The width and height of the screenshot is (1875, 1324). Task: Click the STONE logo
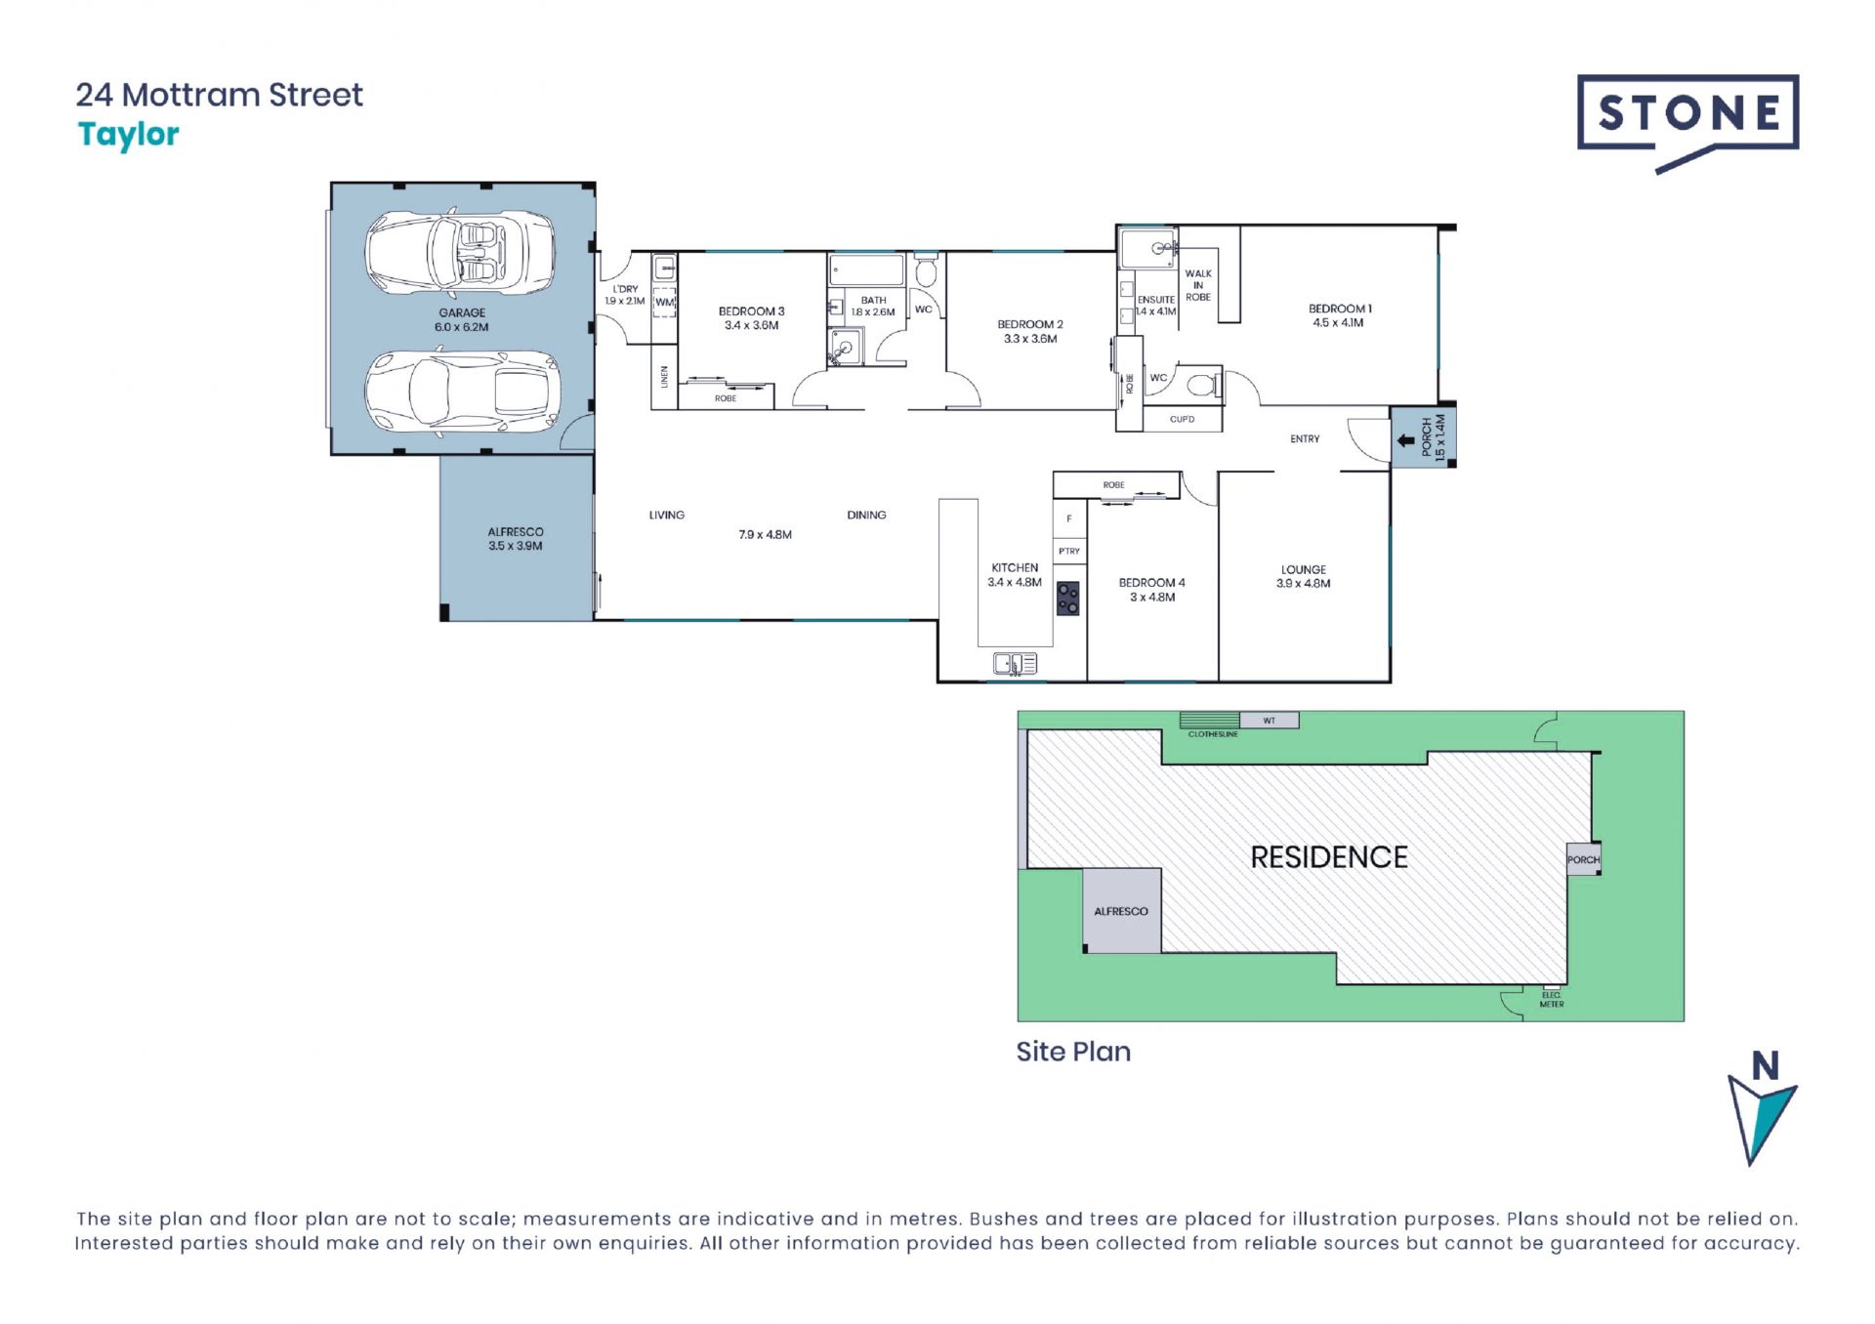(x=1687, y=122)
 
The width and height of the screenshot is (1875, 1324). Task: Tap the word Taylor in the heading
(x=128, y=135)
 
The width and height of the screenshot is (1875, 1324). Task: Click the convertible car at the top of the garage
(x=460, y=252)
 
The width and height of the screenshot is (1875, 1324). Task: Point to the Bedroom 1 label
(x=1340, y=315)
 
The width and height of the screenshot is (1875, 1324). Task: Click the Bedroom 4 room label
(x=1152, y=590)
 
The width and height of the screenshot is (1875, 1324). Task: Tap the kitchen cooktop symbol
(x=1068, y=599)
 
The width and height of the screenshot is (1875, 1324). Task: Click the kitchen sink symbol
(x=1015, y=664)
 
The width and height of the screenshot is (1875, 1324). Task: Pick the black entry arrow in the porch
(x=1405, y=440)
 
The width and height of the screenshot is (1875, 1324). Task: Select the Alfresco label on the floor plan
(x=516, y=539)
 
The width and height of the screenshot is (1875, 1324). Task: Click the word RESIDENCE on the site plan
(x=1329, y=857)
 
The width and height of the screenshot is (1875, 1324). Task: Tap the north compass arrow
(x=1761, y=1119)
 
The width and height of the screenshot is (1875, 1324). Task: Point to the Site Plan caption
(x=1073, y=1052)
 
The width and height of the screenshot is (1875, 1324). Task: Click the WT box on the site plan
(x=1270, y=721)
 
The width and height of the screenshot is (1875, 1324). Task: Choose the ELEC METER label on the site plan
(x=1552, y=1000)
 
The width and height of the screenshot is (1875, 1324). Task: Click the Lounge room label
(x=1304, y=576)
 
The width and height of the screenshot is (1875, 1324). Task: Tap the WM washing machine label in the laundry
(x=664, y=303)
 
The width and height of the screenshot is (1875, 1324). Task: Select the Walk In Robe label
(x=1198, y=285)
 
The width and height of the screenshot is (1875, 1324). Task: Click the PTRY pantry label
(x=1069, y=552)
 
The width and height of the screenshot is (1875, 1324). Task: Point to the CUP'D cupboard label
(x=1182, y=419)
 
